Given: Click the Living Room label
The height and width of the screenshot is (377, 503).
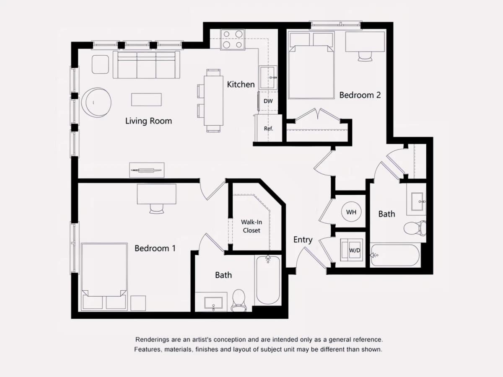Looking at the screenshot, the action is point(148,121).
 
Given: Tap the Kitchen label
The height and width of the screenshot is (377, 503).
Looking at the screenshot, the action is point(241,85).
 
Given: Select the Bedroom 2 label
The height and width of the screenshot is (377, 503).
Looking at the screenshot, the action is point(360,95).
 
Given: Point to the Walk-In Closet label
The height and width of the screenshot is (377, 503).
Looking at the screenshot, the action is point(251,226).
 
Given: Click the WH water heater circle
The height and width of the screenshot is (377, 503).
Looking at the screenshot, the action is point(351,212).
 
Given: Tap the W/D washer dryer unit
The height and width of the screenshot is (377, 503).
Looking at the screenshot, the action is point(351,250).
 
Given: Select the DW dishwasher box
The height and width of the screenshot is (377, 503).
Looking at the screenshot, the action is point(268,101).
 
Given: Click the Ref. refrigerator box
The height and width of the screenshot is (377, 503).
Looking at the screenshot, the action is point(268,128).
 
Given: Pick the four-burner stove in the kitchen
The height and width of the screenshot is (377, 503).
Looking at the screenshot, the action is point(233,39).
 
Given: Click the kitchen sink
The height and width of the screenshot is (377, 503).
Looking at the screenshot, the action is point(268,77).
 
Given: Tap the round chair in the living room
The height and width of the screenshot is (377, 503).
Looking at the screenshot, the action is point(96,102).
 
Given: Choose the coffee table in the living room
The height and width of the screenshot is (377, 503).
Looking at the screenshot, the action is point(146,100).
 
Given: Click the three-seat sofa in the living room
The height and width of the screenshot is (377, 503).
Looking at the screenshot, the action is point(146,65).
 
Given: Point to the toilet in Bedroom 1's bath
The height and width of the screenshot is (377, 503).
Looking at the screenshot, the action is point(239,300).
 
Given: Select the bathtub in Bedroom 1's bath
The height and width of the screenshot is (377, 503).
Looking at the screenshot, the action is point(268,280).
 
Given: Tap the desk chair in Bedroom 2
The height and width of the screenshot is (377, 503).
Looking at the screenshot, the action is point(365,57).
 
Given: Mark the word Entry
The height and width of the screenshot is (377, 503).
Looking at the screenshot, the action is point(303,240).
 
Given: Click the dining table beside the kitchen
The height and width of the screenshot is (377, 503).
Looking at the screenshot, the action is point(213,101).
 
